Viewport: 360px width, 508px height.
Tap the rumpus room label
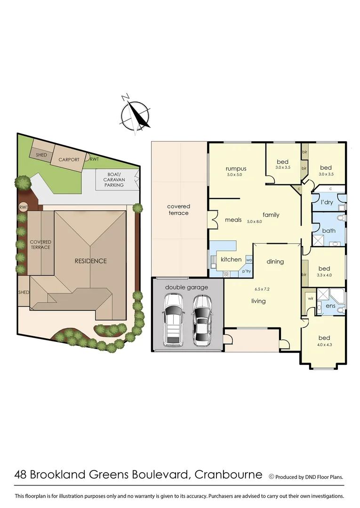tap(236, 169)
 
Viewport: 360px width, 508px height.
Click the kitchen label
tap(231, 259)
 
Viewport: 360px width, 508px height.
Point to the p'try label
tap(247, 271)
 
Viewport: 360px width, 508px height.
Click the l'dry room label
tap(327, 203)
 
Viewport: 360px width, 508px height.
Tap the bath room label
tap(328, 230)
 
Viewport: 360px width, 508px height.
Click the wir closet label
tap(311, 298)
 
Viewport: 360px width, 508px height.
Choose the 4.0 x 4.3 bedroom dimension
tap(324, 345)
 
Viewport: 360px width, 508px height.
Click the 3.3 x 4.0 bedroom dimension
tap(324, 275)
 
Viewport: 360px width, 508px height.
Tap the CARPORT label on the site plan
tap(69, 159)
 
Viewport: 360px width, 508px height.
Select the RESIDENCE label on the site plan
tap(91, 261)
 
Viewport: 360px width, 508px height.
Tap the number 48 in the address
tap(21, 475)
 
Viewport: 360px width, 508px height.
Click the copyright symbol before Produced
tap(271, 476)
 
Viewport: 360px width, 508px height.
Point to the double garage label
tap(187, 287)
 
